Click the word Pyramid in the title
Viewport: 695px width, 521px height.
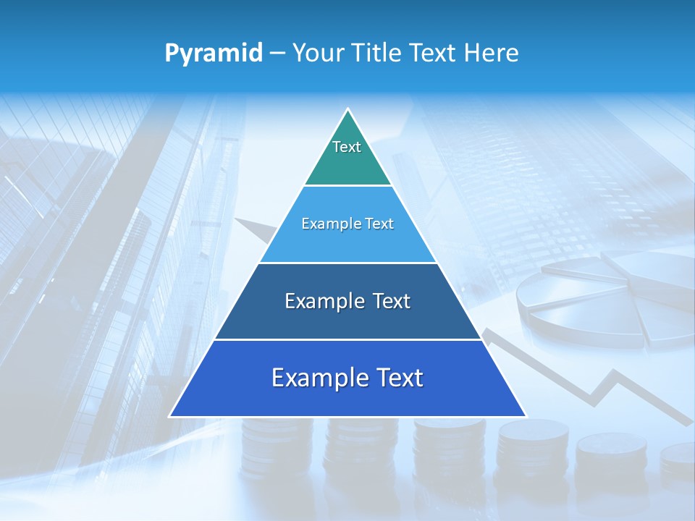click(214, 54)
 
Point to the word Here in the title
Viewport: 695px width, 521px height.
click(493, 54)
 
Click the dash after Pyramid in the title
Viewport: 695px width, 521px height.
click(277, 54)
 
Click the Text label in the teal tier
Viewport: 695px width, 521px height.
click(347, 147)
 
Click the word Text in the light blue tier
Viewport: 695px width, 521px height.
click(380, 224)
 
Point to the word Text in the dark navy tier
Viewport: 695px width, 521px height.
click(391, 301)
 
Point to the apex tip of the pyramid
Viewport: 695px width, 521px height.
click(348, 111)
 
